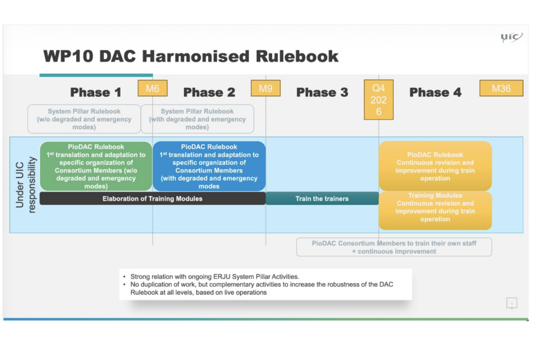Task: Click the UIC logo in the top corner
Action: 511,37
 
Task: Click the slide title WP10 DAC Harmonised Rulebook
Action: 191,57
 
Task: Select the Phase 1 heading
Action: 95,92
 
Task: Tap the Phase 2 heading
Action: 209,92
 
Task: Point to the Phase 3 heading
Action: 322,92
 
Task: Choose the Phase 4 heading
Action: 435,92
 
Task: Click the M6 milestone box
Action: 152,89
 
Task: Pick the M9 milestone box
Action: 265,89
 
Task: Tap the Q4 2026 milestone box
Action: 378,100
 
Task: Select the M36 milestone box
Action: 501,89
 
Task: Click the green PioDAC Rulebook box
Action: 95,166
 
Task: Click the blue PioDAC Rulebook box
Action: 209,166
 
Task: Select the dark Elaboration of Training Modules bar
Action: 152,199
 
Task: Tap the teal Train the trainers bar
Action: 322,199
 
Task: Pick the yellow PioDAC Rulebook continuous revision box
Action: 435,166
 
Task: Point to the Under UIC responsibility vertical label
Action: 25,184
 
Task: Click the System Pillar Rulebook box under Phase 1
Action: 84,119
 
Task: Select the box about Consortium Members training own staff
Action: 394,247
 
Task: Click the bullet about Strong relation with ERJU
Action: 214,276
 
